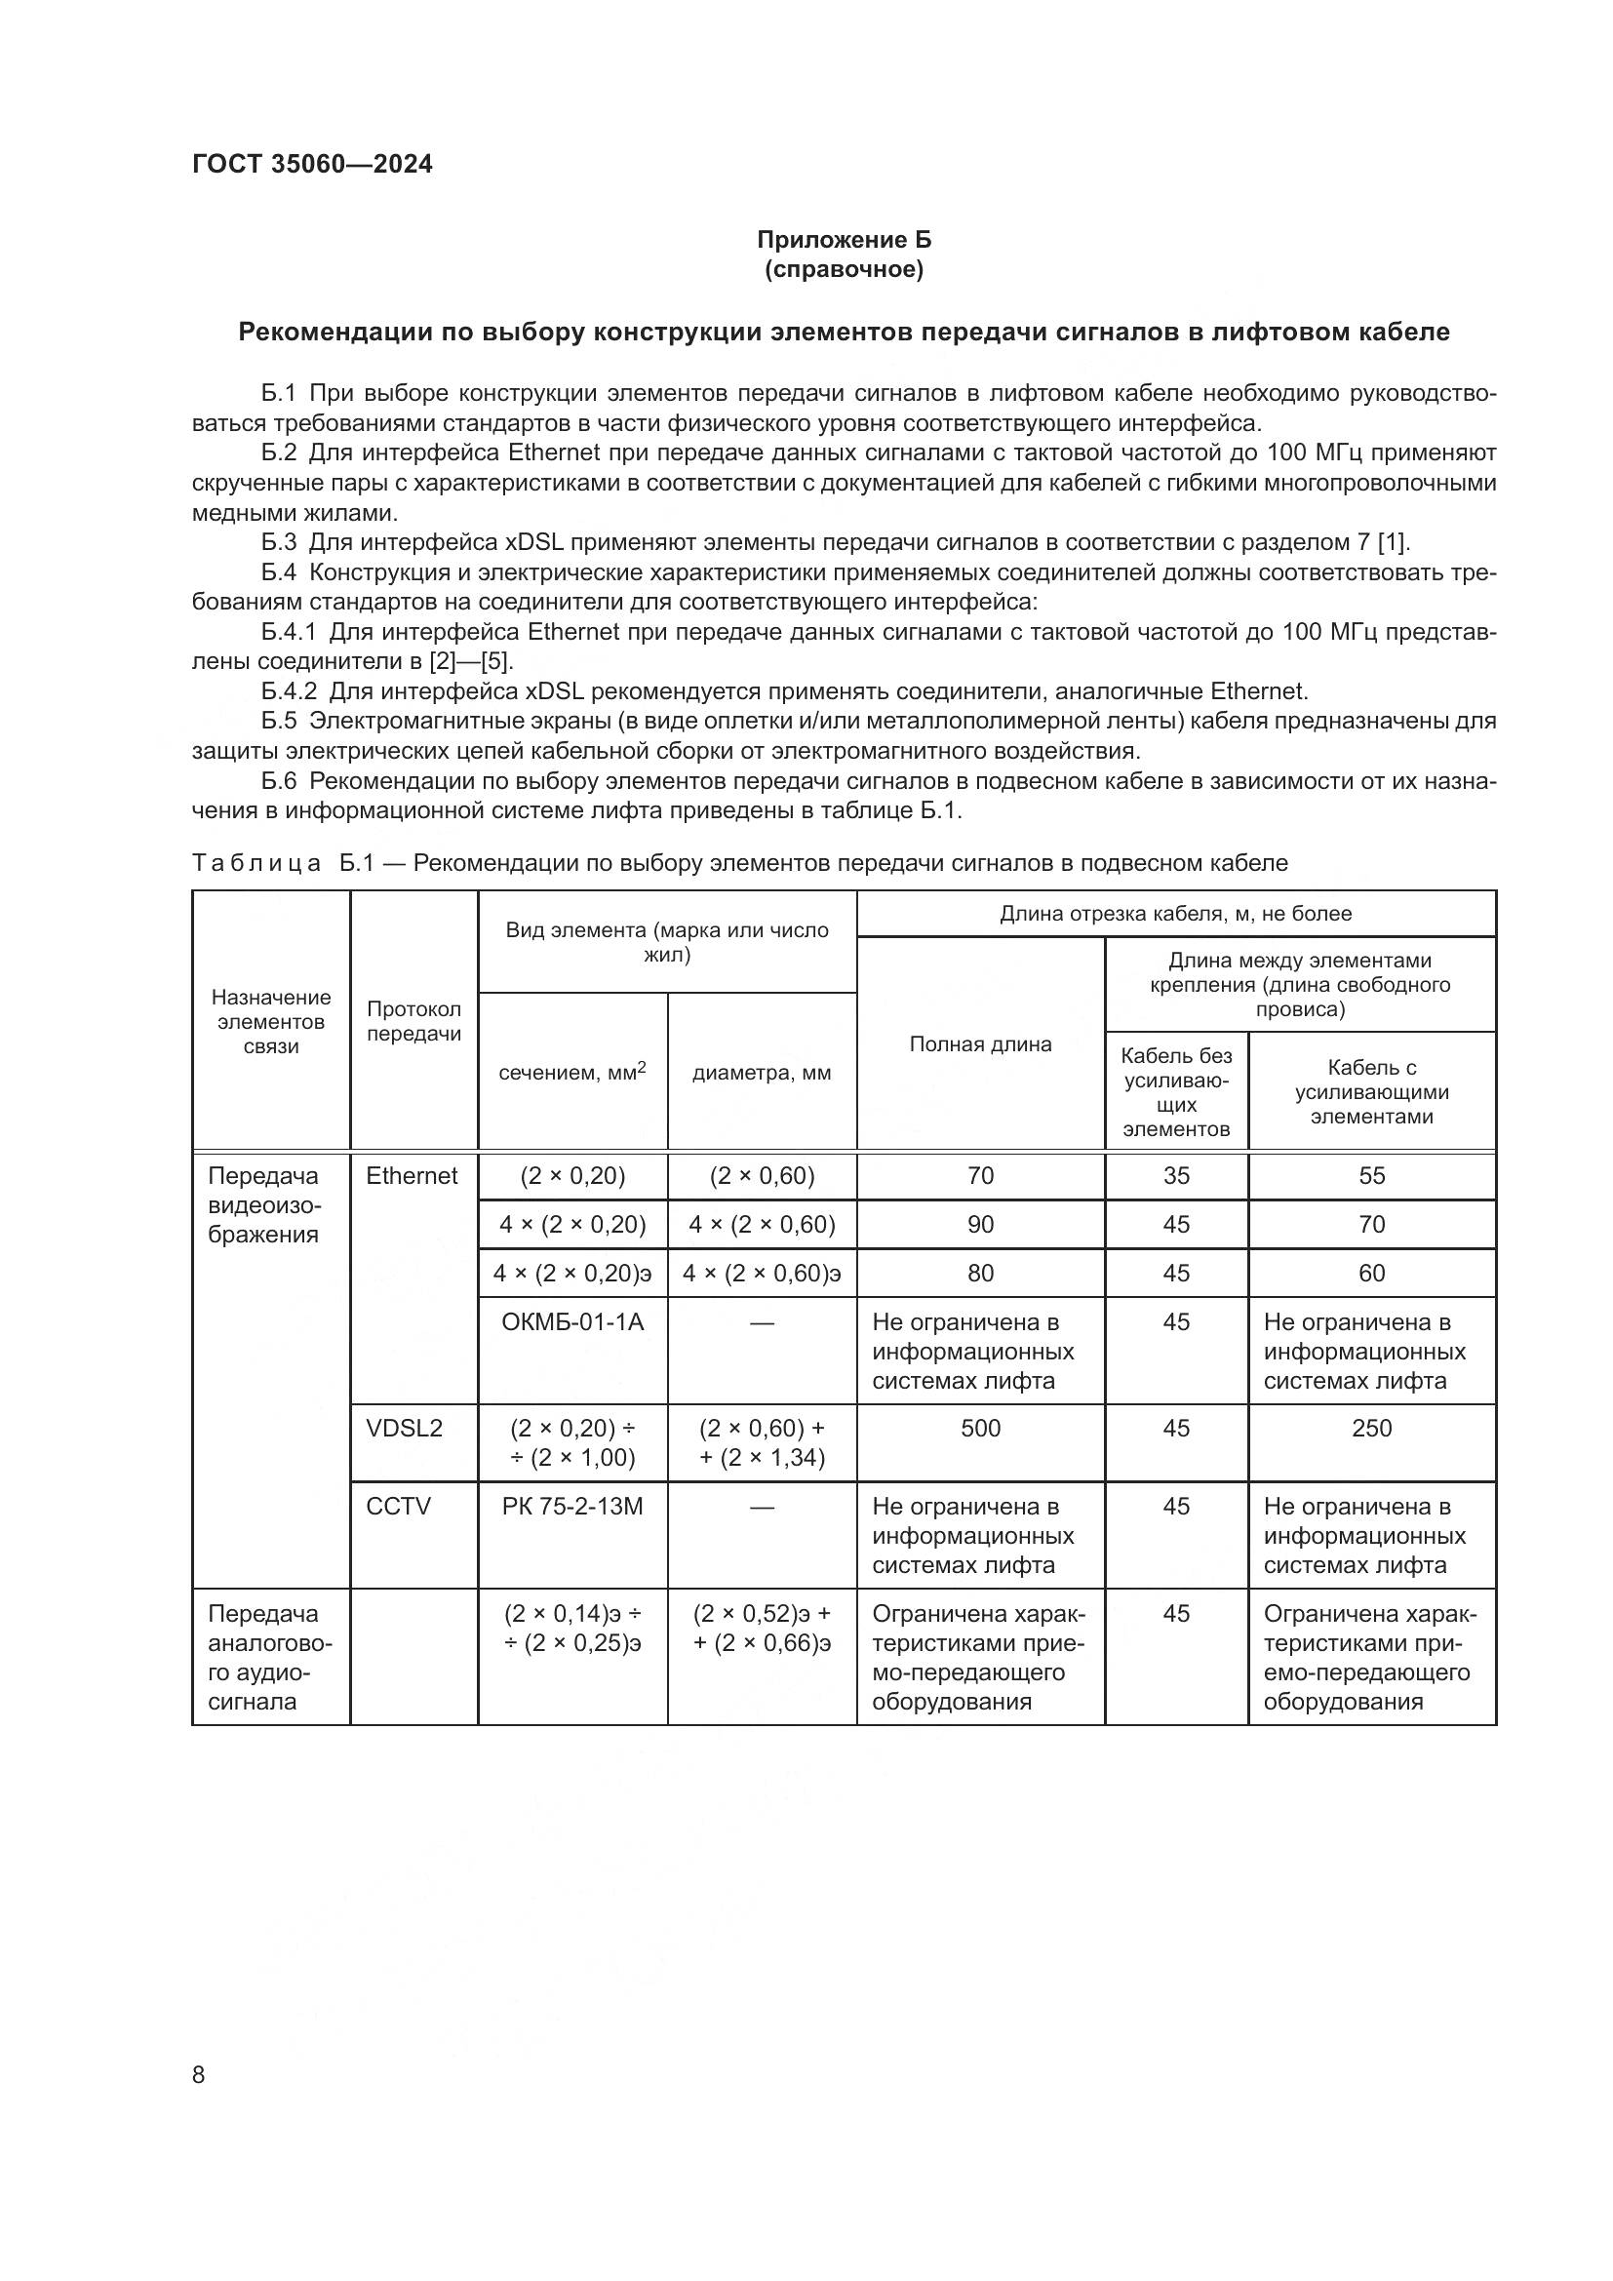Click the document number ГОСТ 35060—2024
click(312, 164)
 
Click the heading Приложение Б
click(844, 240)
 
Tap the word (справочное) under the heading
click(844, 269)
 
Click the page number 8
click(199, 2074)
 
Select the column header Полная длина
click(979, 1043)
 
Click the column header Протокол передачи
click(413, 1020)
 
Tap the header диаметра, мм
click(761, 1073)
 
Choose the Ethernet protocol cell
click(412, 1175)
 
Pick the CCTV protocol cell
click(397, 1506)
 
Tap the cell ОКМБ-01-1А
click(572, 1321)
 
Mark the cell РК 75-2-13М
click(572, 1506)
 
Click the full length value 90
click(979, 1224)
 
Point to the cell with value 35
click(1176, 1175)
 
